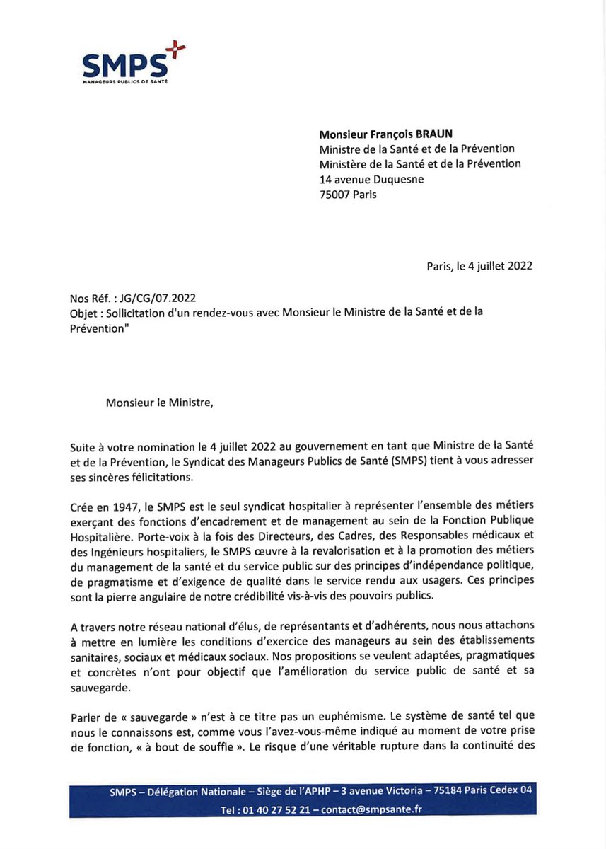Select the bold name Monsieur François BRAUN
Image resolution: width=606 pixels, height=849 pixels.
(386, 134)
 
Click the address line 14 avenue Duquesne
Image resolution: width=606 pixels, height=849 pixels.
(371, 179)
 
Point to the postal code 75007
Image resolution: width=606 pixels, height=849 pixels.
(336, 194)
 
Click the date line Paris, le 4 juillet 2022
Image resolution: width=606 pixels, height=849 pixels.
(479, 266)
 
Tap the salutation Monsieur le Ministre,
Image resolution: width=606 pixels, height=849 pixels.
(159, 403)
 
